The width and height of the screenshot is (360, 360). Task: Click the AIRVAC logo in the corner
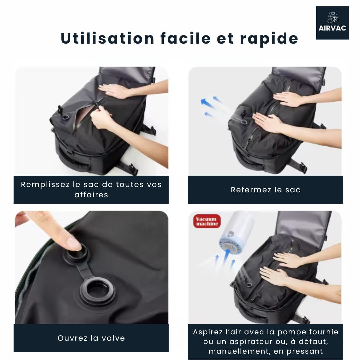(x=332, y=23)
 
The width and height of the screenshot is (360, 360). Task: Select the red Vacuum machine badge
(x=207, y=221)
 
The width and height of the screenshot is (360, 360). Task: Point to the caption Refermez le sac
(x=265, y=190)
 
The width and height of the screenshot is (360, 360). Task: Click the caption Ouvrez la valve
(x=91, y=338)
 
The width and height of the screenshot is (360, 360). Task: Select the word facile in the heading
(x=185, y=38)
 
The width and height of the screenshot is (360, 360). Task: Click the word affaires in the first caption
(x=91, y=195)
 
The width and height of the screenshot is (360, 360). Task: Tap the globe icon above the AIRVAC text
(x=332, y=17)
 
